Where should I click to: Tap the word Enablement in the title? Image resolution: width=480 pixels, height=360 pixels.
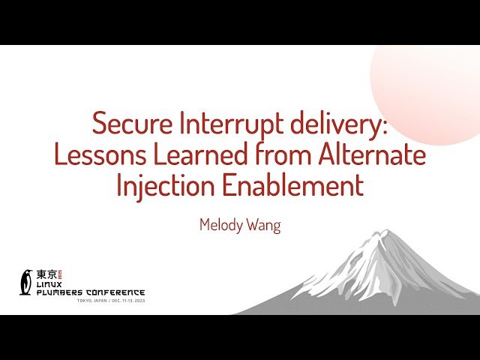295,185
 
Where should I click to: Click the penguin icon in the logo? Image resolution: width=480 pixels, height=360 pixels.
26,281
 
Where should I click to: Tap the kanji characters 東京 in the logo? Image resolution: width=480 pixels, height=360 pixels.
46,274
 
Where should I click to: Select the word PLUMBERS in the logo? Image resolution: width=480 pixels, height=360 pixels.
63,292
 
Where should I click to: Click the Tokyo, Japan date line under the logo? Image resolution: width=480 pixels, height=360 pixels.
110,301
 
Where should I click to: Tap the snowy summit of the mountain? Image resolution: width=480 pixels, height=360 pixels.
382,238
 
